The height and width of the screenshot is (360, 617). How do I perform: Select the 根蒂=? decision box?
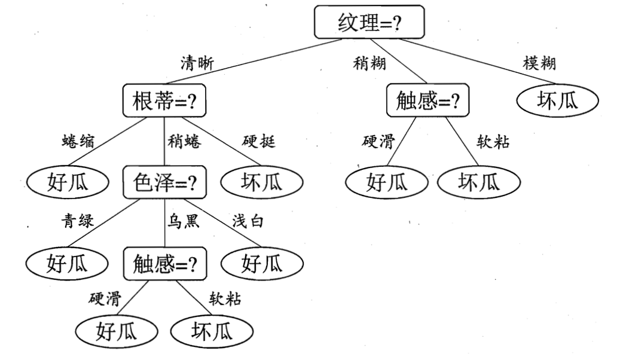click(x=164, y=100)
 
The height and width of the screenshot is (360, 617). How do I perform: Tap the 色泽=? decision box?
click(x=164, y=182)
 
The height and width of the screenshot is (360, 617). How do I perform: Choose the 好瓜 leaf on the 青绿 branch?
click(x=68, y=263)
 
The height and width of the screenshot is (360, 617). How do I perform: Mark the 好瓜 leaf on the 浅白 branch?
click(x=261, y=263)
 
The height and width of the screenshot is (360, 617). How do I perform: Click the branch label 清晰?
click(x=197, y=62)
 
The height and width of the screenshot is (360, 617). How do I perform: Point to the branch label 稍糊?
click(x=369, y=62)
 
